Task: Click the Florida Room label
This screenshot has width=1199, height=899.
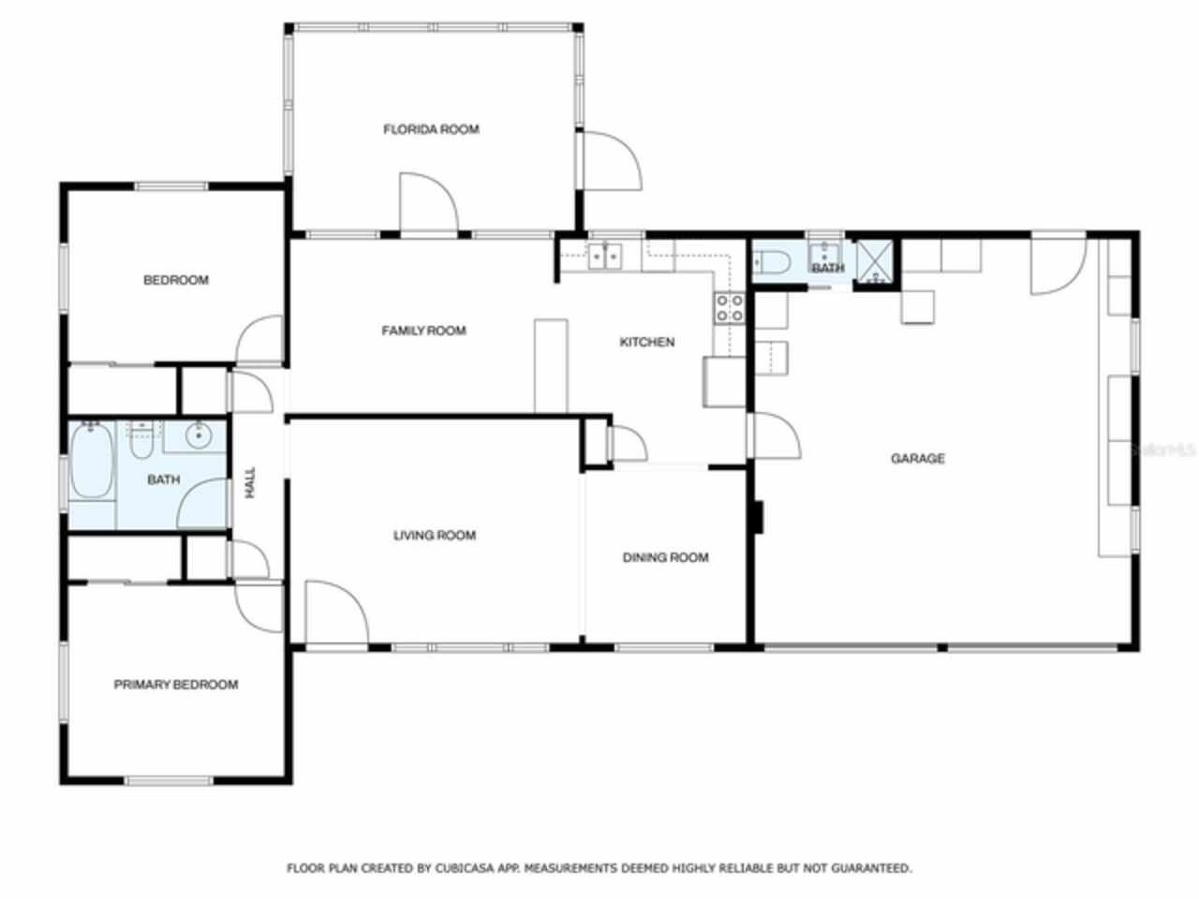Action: pyautogui.click(x=431, y=129)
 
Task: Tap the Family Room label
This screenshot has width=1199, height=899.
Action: pyautogui.click(x=423, y=331)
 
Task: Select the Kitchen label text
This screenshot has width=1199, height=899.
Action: pyautogui.click(x=646, y=342)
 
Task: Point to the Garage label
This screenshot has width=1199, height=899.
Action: pyautogui.click(x=917, y=458)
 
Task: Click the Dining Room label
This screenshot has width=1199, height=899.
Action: pyautogui.click(x=665, y=557)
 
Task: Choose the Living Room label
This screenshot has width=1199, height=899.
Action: pyautogui.click(x=434, y=536)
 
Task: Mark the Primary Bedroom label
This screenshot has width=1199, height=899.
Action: pyautogui.click(x=175, y=685)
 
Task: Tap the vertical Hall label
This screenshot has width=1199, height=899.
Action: pyautogui.click(x=250, y=482)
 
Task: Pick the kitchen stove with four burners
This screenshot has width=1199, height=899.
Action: pyautogui.click(x=730, y=308)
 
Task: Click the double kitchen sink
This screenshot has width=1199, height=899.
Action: pyautogui.click(x=605, y=255)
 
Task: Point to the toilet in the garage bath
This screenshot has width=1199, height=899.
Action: pyautogui.click(x=771, y=263)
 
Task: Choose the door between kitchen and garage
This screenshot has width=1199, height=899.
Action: pyautogui.click(x=773, y=435)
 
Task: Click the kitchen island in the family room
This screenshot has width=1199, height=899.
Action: pyautogui.click(x=551, y=365)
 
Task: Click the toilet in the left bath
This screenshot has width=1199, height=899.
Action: pyautogui.click(x=141, y=446)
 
